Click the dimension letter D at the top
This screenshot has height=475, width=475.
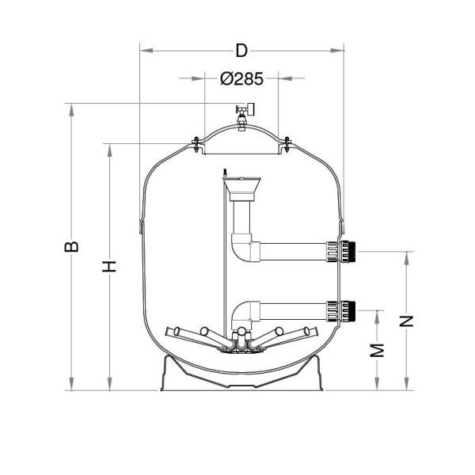pyautogui.click(x=241, y=51)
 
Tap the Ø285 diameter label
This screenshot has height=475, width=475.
pyautogui.click(x=241, y=78)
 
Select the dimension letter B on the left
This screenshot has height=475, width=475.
pyautogui.click(x=71, y=246)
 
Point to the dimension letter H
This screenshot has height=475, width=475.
pyautogui.click(x=109, y=266)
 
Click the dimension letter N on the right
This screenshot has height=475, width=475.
pyautogui.click(x=406, y=321)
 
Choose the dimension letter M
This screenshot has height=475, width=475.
pyautogui.click(x=377, y=351)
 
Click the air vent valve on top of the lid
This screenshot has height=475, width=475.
pyautogui.click(x=244, y=116)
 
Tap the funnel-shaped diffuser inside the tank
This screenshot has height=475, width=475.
pyautogui.click(x=241, y=188)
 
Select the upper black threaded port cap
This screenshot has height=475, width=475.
pyautogui.click(x=351, y=252)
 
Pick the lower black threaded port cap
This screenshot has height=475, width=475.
pyautogui.click(x=351, y=311)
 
